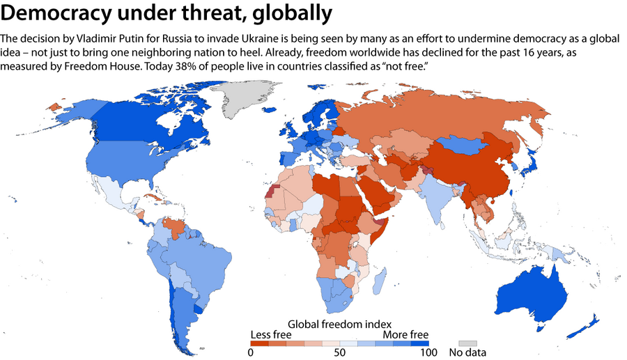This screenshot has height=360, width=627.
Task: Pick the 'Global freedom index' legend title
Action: point(339,323)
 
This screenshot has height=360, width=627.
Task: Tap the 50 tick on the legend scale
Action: point(339,352)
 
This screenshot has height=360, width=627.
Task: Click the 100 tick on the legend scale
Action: point(428,352)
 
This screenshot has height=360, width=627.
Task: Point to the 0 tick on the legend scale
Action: point(250,352)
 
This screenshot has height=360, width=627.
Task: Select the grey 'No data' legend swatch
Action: point(467,343)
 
